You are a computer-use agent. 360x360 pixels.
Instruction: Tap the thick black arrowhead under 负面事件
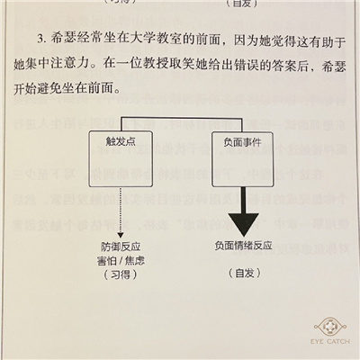click(x=243, y=224)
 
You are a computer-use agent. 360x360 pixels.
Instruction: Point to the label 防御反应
click(x=121, y=247)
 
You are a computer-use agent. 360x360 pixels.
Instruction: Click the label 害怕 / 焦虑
click(x=121, y=260)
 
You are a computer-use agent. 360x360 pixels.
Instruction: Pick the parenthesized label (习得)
click(x=121, y=274)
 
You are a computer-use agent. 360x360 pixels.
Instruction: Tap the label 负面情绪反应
click(x=243, y=246)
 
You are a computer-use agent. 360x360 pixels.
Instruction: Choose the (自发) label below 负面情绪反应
click(x=245, y=273)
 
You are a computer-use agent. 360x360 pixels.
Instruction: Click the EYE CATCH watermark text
click(x=330, y=341)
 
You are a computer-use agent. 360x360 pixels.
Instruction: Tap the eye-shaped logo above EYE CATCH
click(x=330, y=327)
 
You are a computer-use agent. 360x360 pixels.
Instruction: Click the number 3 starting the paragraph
click(x=40, y=39)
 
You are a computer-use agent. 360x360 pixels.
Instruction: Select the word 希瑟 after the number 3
click(x=63, y=39)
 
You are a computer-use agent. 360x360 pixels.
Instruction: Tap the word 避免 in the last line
click(x=50, y=88)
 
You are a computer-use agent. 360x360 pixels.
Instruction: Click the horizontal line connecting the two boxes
click(x=182, y=118)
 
